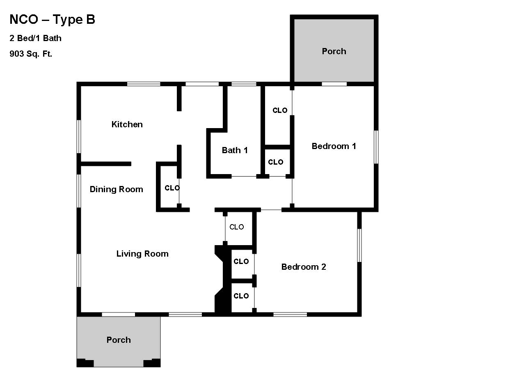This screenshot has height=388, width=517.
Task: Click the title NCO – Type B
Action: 52,20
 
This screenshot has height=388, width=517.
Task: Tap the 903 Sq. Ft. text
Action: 31,54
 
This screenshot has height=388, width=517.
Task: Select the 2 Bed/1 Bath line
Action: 35,38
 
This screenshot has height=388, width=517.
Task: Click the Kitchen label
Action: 127,124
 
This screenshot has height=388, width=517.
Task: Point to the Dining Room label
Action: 117,189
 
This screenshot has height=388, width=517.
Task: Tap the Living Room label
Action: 142,254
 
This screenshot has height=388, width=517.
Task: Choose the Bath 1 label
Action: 235,150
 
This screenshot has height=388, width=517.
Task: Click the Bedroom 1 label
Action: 334,146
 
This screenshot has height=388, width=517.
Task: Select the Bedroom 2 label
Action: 304,267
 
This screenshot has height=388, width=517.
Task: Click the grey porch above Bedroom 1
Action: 334,51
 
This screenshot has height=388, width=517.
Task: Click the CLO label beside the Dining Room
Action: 172,188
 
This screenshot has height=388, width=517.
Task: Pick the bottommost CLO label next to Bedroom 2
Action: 241,296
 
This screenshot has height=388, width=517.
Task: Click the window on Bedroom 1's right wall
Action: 376,147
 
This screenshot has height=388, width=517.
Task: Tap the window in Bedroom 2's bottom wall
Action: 290,315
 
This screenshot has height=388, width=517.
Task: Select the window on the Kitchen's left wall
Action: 79,137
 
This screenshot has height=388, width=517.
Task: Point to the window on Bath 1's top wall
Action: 244,84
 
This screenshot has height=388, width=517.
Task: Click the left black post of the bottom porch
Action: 85,363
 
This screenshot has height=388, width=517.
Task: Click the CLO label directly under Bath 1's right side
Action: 276,162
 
